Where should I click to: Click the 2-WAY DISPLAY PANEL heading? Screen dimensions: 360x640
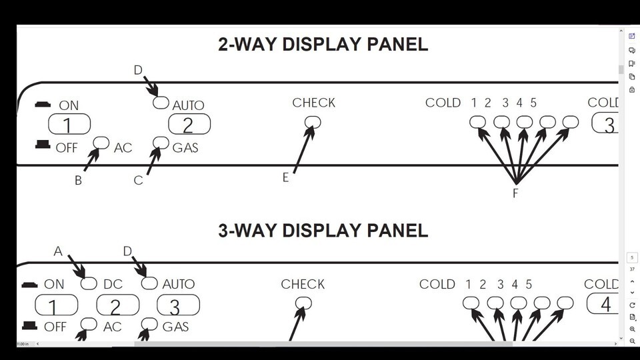coord(323,45)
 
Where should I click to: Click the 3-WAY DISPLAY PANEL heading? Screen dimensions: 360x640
coord(323,231)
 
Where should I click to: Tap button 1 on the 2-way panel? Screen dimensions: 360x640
coord(69,125)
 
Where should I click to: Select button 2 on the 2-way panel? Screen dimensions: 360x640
coord(189,125)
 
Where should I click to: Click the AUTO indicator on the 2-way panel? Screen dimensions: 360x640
coord(161,103)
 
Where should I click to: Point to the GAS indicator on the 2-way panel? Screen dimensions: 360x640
coord(161,143)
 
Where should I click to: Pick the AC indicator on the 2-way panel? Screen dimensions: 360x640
coord(101,143)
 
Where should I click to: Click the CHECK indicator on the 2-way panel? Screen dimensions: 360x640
coord(313,122)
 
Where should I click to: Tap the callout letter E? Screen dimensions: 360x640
coord(286,178)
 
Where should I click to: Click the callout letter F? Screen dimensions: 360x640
coord(515,194)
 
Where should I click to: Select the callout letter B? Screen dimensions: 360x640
coord(78,181)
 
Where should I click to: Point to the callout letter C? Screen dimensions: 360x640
coord(138,181)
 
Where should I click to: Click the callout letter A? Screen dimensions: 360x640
coord(58,251)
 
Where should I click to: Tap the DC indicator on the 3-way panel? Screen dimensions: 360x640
coord(89,283)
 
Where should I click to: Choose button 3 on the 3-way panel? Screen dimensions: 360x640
coord(178,306)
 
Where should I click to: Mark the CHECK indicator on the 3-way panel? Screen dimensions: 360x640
coord(303,303)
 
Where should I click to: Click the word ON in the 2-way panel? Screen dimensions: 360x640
coord(69,105)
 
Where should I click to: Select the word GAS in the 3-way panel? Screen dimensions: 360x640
coord(176,327)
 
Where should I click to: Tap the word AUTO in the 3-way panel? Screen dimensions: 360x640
coord(179,284)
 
